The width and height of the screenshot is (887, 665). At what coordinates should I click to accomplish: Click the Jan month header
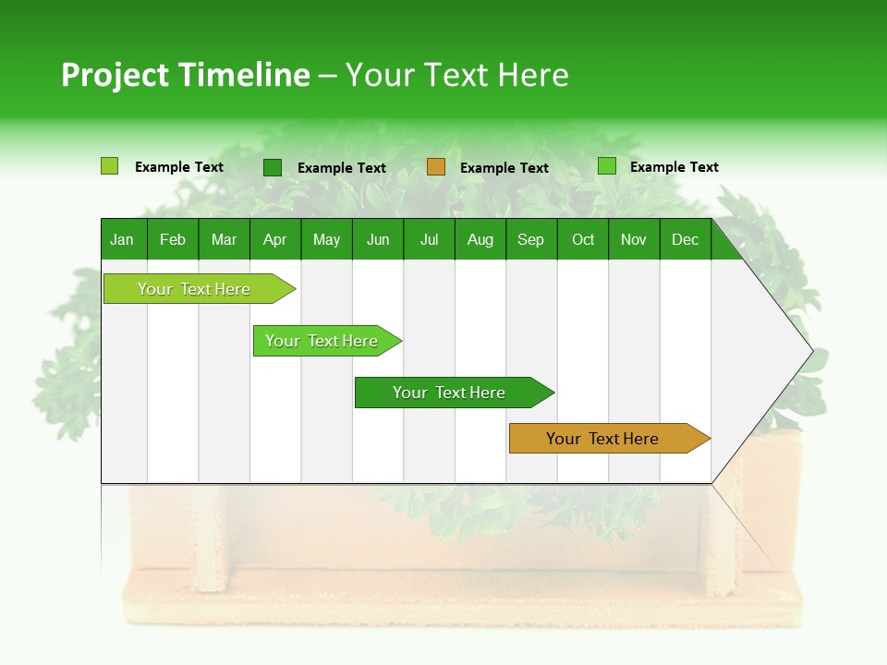point(122,239)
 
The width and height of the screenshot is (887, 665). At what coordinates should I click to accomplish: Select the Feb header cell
point(173,239)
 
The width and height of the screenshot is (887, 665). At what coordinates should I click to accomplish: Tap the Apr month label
point(274,239)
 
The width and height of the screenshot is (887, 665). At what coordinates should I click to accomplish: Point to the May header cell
point(326,239)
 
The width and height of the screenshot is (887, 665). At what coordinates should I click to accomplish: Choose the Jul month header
point(429,239)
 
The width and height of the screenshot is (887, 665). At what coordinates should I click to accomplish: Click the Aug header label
point(480,239)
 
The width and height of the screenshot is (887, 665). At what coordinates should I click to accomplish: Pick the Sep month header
point(530,239)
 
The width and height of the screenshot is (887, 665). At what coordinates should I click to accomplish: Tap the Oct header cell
point(583,239)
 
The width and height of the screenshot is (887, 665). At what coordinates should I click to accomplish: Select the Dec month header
point(685,239)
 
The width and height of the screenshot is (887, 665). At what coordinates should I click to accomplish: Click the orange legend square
point(436,166)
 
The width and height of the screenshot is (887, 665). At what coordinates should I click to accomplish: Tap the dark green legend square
point(273,167)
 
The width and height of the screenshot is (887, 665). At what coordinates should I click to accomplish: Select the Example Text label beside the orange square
point(504,167)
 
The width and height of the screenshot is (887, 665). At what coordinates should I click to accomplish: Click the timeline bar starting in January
point(194,289)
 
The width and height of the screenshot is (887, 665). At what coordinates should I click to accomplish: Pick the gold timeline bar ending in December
point(602,439)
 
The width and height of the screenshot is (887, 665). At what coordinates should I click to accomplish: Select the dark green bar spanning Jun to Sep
point(449,393)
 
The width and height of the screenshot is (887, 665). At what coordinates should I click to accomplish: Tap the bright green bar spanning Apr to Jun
point(322,341)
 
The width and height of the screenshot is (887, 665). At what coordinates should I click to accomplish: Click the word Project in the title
point(115,75)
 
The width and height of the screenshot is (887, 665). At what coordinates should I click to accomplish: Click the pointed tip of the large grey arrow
point(811,351)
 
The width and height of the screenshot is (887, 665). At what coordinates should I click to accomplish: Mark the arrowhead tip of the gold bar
point(709,439)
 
